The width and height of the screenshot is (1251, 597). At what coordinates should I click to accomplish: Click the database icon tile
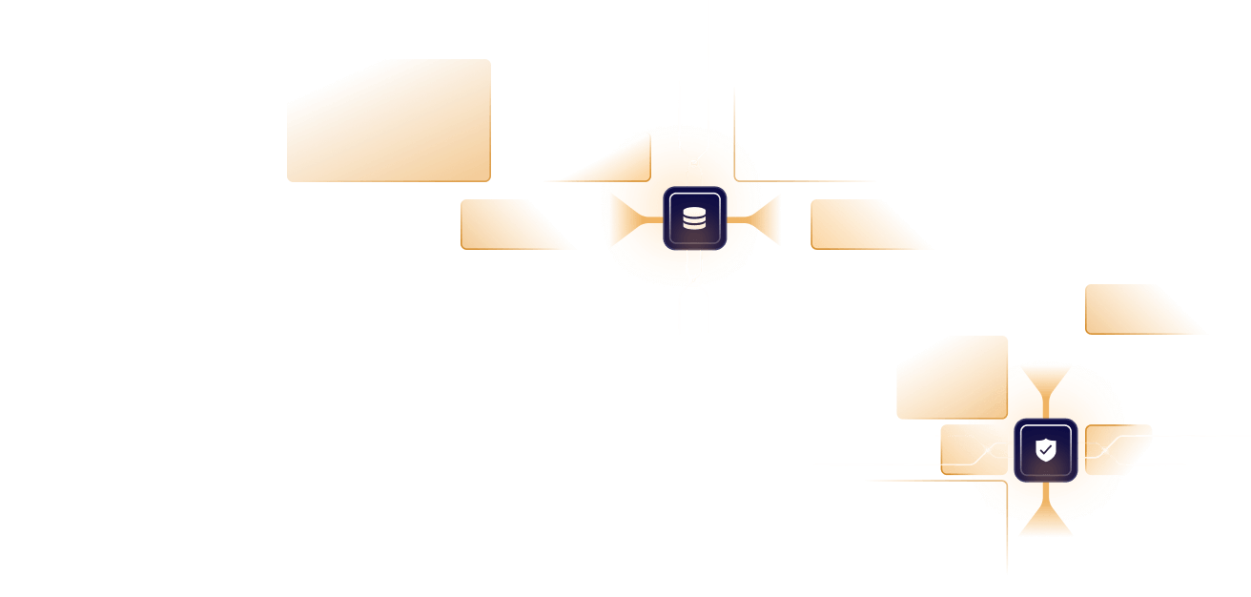[695, 218]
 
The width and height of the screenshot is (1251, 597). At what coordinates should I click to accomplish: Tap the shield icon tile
[1046, 450]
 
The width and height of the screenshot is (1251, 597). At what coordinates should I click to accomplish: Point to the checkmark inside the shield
[1047, 448]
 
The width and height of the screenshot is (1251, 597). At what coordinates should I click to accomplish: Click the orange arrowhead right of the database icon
[768, 219]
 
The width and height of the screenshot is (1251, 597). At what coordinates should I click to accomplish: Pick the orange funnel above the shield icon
[1046, 391]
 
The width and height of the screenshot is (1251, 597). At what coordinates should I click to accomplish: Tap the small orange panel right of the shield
[1125, 448]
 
